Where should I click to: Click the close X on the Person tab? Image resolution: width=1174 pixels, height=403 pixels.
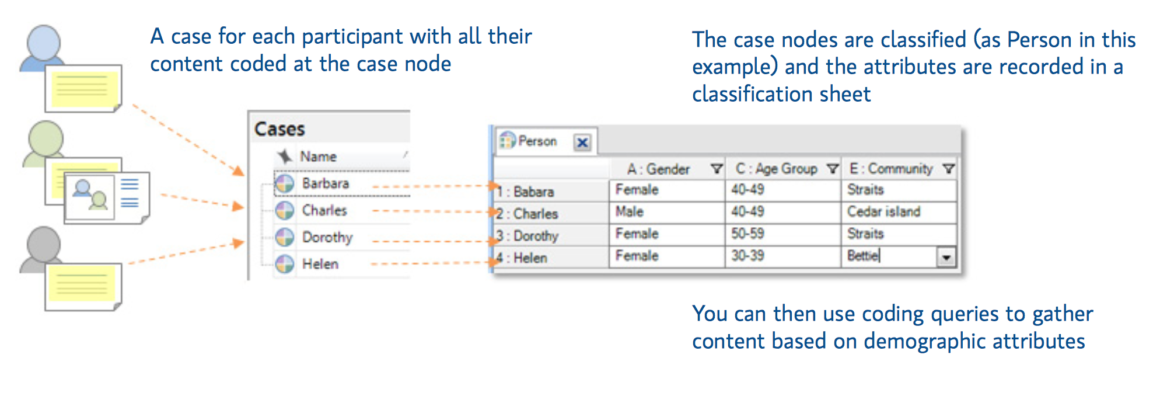click(x=582, y=143)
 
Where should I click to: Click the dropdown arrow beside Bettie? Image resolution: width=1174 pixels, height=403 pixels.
click(x=946, y=257)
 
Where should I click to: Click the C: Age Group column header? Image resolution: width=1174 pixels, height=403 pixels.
click(x=776, y=169)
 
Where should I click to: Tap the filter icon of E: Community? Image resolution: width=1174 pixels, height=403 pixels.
click(x=949, y=169)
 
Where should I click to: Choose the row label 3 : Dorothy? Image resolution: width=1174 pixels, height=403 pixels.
click(x=528, y=236)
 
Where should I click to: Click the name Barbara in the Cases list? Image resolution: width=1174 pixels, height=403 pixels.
click(x=325, y=183)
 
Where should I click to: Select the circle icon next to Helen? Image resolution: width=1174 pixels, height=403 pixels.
click(x=285, y=264)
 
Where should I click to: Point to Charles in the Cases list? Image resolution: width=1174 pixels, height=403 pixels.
click(x=324, y=210)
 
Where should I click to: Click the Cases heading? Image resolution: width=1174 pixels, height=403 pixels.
click(x=279, y=129)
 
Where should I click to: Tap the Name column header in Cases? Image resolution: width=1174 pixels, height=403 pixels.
click(x=318, y=157)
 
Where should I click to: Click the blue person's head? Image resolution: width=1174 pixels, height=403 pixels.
click(x=44, y=42)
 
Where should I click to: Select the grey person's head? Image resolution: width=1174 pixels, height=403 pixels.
click(x=44, y=244)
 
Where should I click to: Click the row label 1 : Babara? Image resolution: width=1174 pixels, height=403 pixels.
click(x=526, y=192)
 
